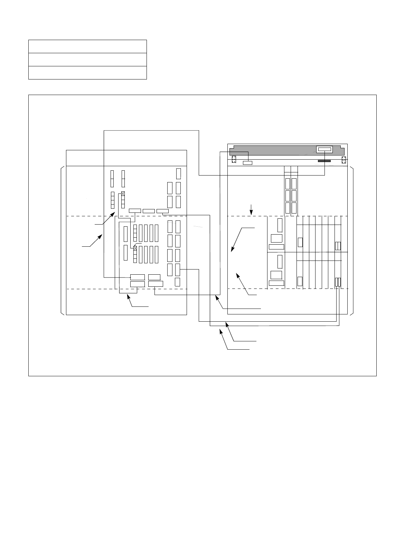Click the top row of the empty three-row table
87,46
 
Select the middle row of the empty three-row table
87,59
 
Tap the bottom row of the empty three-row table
87,73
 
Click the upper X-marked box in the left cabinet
123,194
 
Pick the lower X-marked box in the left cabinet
135,248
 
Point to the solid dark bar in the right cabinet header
324,161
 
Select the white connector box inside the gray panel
324,149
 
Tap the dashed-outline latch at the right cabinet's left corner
234,160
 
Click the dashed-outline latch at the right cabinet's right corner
344,160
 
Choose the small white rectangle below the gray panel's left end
247,163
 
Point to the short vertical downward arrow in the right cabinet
252,209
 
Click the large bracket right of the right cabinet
352,241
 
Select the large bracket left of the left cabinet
62,241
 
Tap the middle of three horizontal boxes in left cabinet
149,211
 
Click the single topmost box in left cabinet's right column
178,173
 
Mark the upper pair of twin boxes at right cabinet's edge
338,246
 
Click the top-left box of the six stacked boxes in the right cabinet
288,183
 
